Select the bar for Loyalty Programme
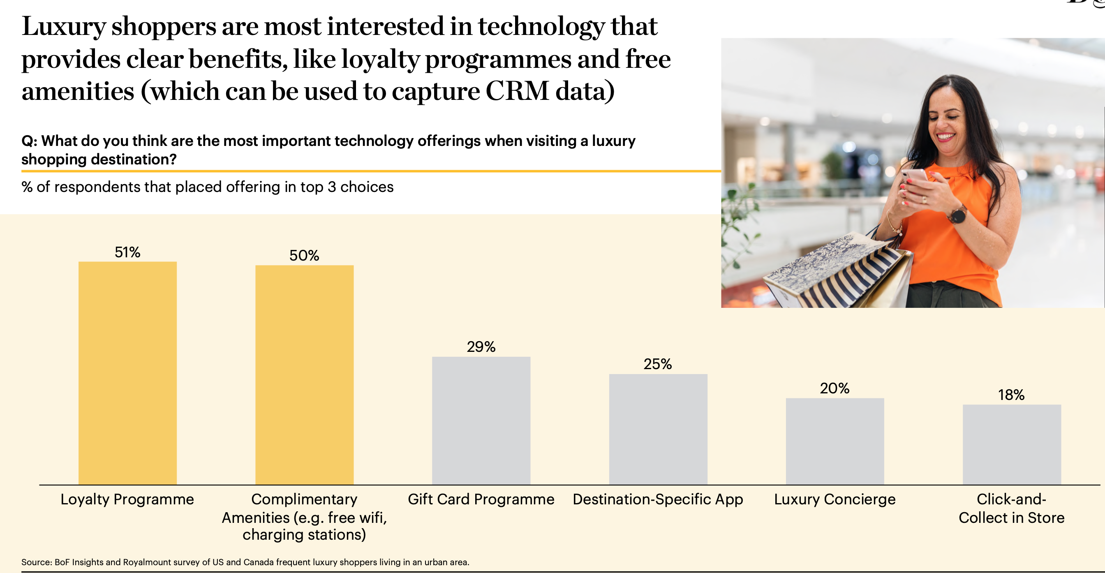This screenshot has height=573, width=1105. click(x=127, y=373)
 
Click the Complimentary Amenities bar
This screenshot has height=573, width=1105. click(x=304, y=375)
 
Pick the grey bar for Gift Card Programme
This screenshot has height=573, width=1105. click(x=481, y=421)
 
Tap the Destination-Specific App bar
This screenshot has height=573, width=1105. click(x=658, y=429)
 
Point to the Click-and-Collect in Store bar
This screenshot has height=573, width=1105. click(x=1012, y=444)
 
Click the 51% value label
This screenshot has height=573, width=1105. click(x=127, y=252)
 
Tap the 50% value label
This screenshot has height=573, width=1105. click(x=304, y=256)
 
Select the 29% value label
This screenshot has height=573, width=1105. click(x=481, y=347)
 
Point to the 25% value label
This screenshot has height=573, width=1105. click(x=658, y=364)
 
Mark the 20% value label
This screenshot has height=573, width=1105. click(x=835, y=388)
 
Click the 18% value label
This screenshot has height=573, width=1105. click(x=1011, y=395)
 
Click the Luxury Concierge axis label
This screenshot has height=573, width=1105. click(x=835, y=499)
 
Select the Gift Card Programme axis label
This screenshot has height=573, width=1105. click(x=481, y=499)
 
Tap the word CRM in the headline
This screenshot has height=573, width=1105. click(x=517, y=91)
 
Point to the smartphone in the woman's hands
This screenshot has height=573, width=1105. click(x=913, y=176)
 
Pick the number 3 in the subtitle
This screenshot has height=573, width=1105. click(x=332, y=187)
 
